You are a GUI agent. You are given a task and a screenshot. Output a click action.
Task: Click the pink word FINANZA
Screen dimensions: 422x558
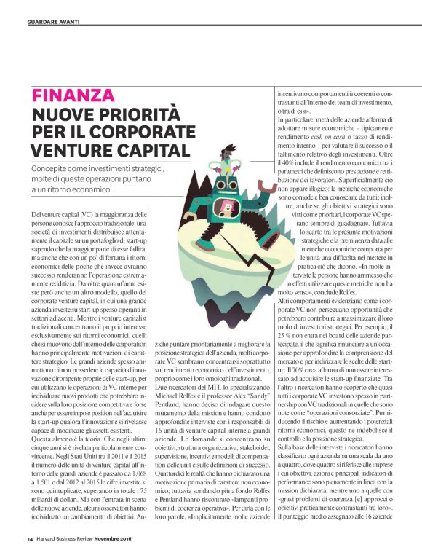click(73, 95)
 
